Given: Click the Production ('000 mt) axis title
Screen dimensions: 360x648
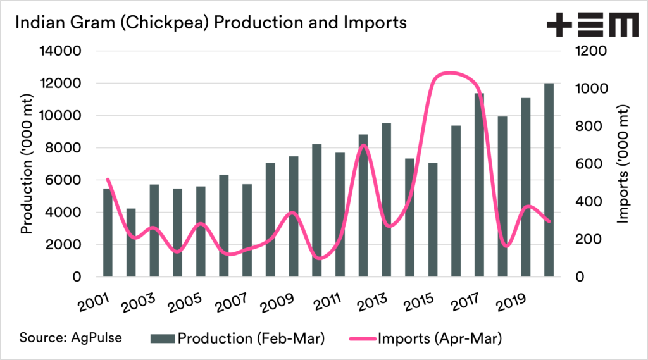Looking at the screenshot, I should click(x=27, y=164).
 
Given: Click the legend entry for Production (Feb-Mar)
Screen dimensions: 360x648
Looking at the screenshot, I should click(x=237, y=339).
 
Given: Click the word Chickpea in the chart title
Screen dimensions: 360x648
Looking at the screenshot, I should click(x=171, y=23).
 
